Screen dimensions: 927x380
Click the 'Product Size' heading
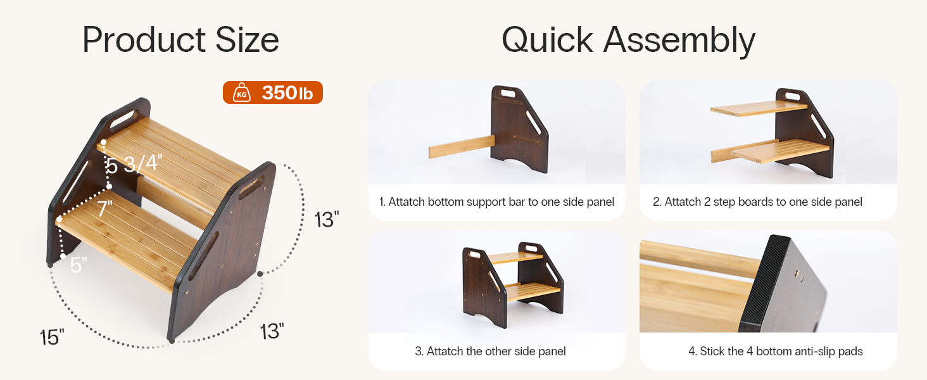tap(181, 40)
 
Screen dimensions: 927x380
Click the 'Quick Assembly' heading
tap(628, 40)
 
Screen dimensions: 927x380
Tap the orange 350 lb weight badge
tap(273, 92)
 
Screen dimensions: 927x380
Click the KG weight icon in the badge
tap(242, 92)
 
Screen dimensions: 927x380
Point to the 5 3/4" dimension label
tap(134, 163)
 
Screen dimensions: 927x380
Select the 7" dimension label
tap(105, 208)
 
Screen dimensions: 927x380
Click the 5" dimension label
tap(79, 265)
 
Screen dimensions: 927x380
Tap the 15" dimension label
tap(52, 337)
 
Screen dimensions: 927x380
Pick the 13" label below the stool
tap(272, 332)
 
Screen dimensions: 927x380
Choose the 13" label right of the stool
tap(327, 219)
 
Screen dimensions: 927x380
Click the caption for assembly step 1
tap(496, 202)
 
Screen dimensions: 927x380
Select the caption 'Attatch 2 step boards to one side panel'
tap(757, 202)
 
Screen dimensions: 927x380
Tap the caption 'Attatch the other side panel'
tap(490, 351)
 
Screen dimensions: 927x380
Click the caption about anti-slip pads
tap(776, 351)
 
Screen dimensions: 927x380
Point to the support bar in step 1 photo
tap(462, 147)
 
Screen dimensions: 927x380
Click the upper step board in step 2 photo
tap(759, 108)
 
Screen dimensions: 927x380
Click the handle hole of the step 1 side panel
tap(505, 92)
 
